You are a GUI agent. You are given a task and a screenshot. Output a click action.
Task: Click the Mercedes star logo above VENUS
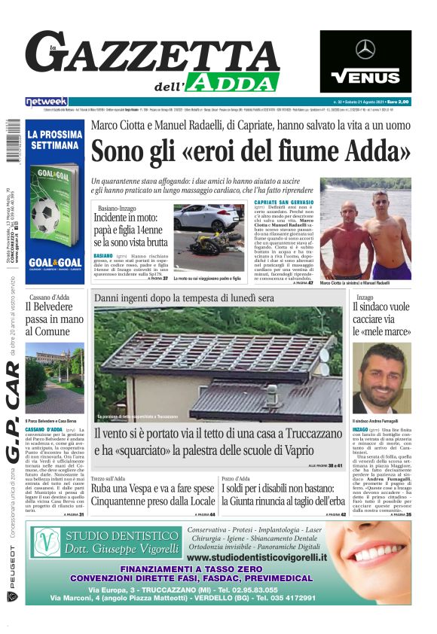(x=365, y=50)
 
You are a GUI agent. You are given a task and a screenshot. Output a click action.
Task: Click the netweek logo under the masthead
(x=47, y=102)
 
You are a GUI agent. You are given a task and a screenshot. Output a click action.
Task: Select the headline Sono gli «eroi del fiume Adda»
(x=251, y=151)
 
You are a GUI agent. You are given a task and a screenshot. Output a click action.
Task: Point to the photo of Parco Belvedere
(x=54, y=377)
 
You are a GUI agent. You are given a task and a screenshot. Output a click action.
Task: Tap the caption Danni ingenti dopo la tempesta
(x=185, y=298)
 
